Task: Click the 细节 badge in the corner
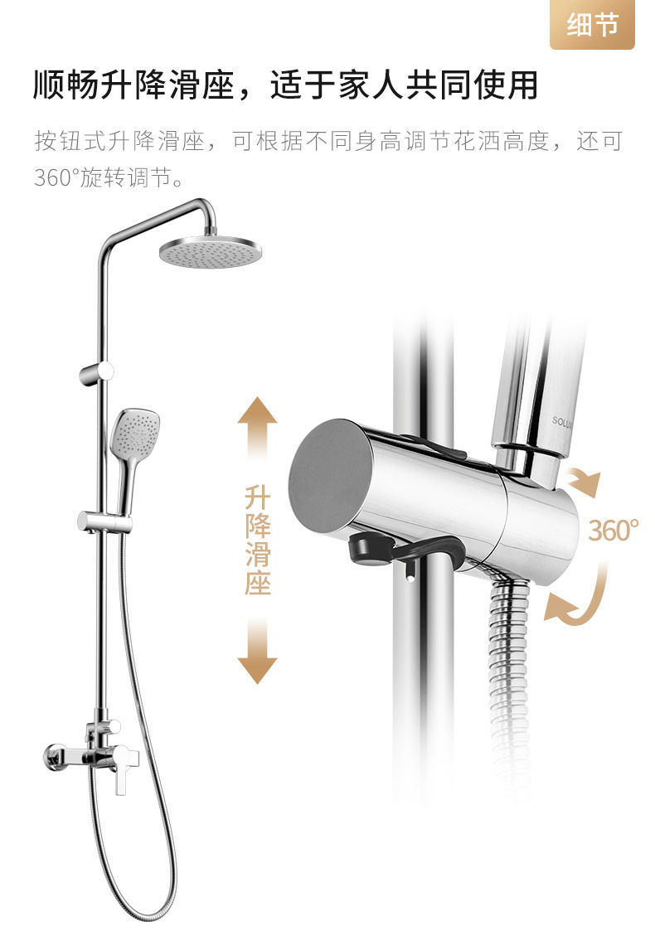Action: [592, 25]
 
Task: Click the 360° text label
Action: [614, 530]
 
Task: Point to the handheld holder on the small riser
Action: [104, 521]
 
